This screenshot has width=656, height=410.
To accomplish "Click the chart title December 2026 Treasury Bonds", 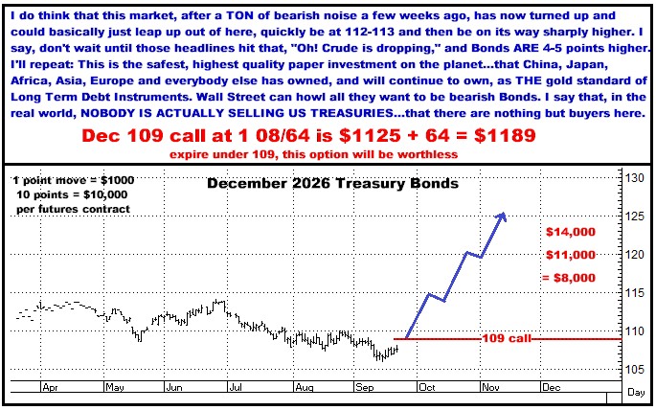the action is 332,184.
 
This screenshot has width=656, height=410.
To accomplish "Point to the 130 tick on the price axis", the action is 635,178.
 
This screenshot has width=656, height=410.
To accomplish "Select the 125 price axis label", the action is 635,216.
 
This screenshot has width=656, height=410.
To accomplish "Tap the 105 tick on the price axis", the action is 635,370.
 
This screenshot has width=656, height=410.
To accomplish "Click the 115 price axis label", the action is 635,293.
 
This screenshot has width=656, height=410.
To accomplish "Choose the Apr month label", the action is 50,387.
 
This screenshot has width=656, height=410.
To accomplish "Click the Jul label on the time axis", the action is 236,387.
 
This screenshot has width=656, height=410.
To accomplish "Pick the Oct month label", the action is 427,387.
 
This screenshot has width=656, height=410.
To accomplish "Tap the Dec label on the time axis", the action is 551,387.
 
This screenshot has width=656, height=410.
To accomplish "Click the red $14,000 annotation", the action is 571,232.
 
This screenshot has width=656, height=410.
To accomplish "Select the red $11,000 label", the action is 571,255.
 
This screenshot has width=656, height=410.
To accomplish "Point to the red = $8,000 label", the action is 569,278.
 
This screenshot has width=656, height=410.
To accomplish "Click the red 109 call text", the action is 507,338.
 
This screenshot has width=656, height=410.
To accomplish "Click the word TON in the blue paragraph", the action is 238,16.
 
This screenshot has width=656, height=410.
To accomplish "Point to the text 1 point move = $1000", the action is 74,180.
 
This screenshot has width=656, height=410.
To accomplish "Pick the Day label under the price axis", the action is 636,393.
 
